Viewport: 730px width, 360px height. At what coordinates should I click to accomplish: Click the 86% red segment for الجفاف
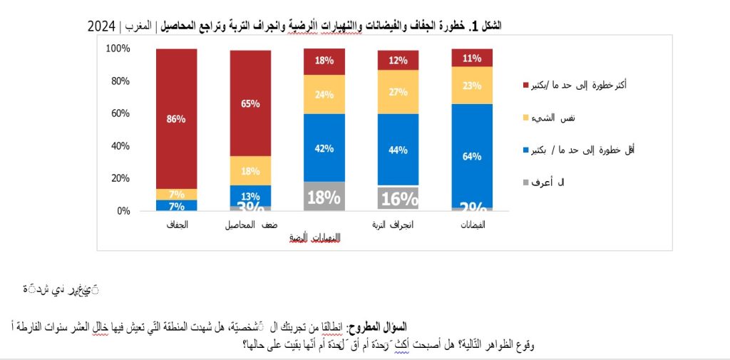(x=176, y=118)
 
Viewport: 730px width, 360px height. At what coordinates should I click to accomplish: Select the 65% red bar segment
(x=250, y=103)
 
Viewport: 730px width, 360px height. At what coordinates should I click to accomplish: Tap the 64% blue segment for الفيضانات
(x=471, y=155)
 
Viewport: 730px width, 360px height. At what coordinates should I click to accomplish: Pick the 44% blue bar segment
(x=398, y=150)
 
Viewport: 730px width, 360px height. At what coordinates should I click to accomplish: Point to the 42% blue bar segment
(x=324, y=148)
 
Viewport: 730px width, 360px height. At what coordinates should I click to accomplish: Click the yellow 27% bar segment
(x=398, y=92)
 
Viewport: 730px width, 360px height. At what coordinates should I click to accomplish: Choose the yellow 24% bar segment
(x=324, y=94)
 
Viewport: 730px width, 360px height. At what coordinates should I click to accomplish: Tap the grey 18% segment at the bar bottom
(x=324, y=197)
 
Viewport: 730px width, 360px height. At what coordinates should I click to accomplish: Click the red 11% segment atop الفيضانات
(x=471, y=58)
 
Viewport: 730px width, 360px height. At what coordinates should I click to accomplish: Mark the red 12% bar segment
(x=398, y=60)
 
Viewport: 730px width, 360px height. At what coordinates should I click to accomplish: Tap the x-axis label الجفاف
(x=176, y=225)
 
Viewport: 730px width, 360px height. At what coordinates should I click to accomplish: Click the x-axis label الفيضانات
(x=471, y=225)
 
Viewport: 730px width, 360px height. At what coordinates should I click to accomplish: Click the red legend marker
(x=525, y=84)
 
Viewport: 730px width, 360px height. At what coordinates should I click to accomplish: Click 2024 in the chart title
(x=103, y=26)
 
